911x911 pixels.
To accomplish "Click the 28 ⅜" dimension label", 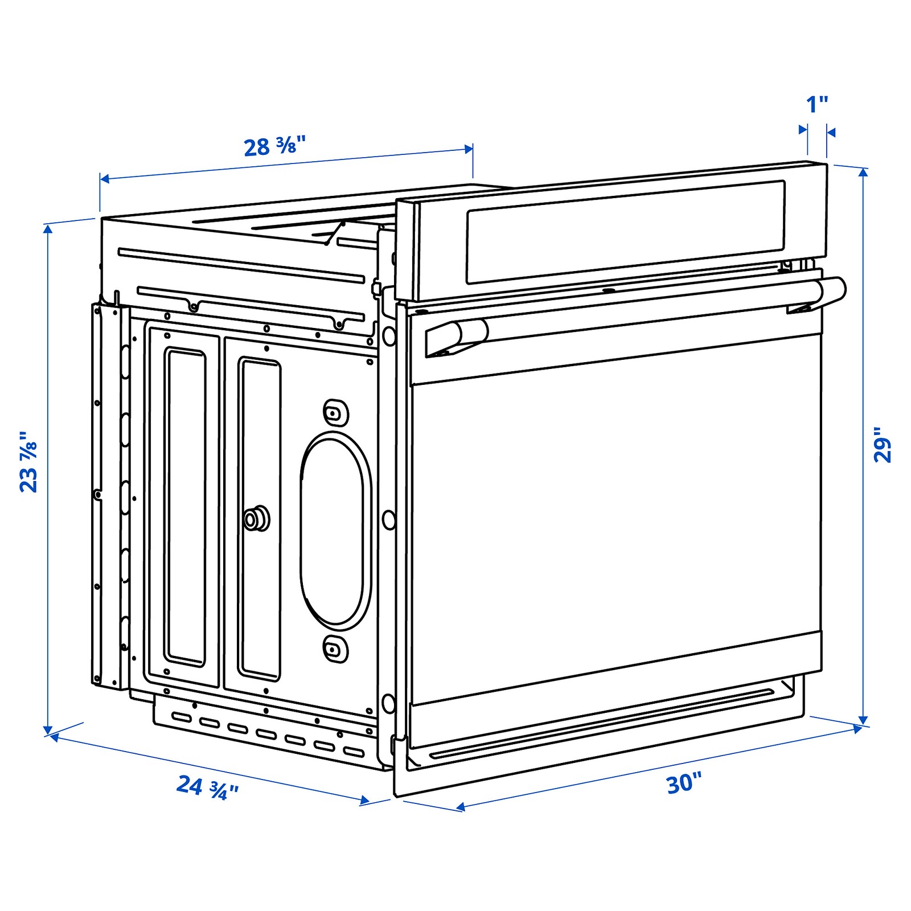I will click(x=274, y=146).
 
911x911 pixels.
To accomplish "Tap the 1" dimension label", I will click(x=817, y=105).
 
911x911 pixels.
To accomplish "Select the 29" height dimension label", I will click(x=882, y=445).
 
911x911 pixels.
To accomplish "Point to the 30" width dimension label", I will click(x=684, y=783).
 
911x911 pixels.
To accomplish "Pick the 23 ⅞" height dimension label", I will click(x=28, y=461).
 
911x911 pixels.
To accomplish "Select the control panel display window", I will click(x=625, y=232).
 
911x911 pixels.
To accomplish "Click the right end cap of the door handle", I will click(x=832, y=292).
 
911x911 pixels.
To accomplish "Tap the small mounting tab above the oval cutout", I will click(x=335, y=412).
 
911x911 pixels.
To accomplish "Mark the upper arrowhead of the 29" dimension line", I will click(x=863, y=173).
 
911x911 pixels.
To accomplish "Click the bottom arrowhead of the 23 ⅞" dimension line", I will click(x=48, y=730).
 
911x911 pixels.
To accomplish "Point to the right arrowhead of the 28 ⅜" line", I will click(x=469, y=149).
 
